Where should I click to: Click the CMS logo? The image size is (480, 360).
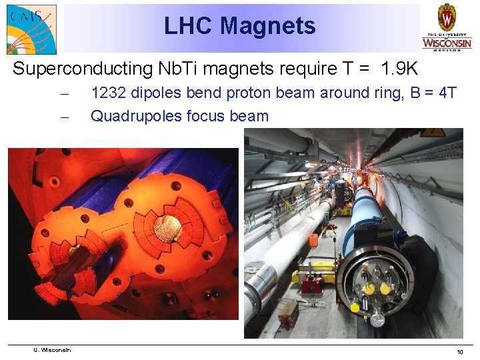(x=31, y=29)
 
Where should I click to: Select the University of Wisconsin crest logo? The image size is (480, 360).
(x=446, y=27)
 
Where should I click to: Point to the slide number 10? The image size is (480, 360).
(x=459, y=351)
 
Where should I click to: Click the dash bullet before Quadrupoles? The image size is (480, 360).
(x=65, y=116)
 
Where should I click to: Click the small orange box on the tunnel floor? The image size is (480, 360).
(x=288, y=314)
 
